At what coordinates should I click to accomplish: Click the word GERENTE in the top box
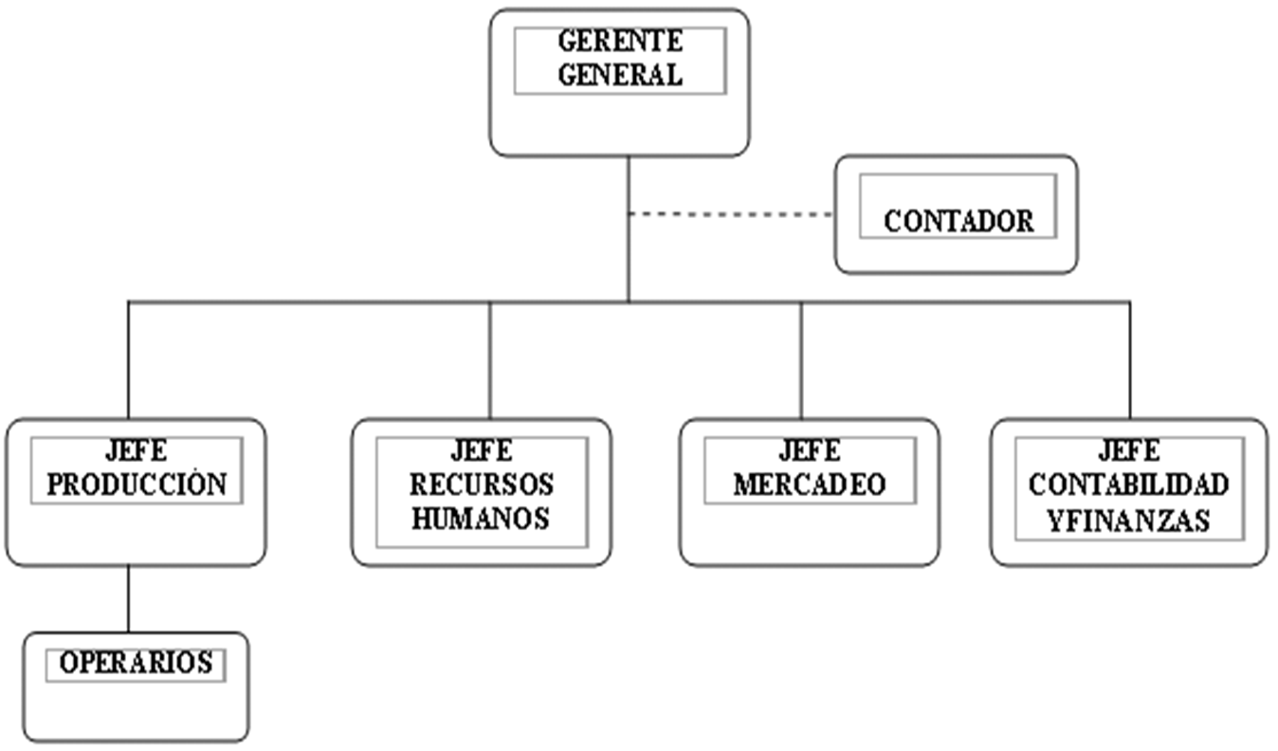point(619,42)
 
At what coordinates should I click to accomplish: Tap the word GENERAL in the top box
point(619,75)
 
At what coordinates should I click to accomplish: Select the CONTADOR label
point(958,221)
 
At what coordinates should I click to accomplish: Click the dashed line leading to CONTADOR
point(730,214)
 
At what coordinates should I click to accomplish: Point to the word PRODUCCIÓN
point(137,485)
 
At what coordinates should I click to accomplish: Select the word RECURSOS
point(482,485)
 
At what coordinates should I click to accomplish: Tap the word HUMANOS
point(482,519)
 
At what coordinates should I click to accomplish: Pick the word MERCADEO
point(809,485)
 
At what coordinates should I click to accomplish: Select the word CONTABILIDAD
point(1128,485)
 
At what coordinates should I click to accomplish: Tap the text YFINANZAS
point(1128,520)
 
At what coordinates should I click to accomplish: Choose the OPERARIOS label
point(136,662)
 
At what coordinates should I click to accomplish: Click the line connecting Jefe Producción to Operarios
point(129,599)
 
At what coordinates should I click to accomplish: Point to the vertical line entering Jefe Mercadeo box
point(801,360)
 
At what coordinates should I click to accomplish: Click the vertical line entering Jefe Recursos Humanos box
point(490,360)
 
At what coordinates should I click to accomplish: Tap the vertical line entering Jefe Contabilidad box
point(1129,360)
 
